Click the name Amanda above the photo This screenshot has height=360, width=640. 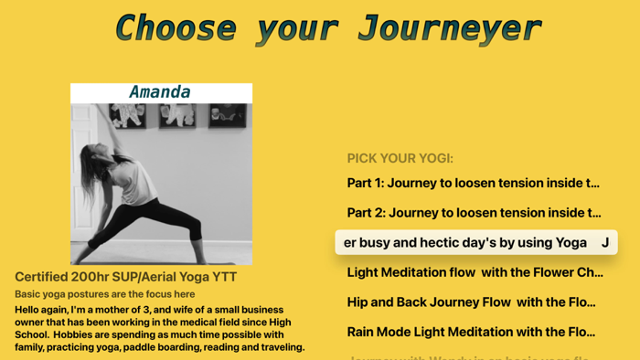(x=160, y=92)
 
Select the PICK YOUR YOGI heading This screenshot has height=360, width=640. (x=400, y=158)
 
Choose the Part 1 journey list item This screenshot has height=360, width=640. (x=473, y=183)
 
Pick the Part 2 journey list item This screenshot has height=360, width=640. (x=474, y=213)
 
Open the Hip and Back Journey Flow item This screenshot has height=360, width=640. (x=471, y=302)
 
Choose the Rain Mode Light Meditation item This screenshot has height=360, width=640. (x=471, y=332)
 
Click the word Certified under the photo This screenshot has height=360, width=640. (x=45, y=277)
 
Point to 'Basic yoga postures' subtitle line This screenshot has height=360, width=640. (x=104, y=294)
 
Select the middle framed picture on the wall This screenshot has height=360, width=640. (x=177, y=114)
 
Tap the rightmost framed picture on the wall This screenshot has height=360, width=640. (x=226, y=114)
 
